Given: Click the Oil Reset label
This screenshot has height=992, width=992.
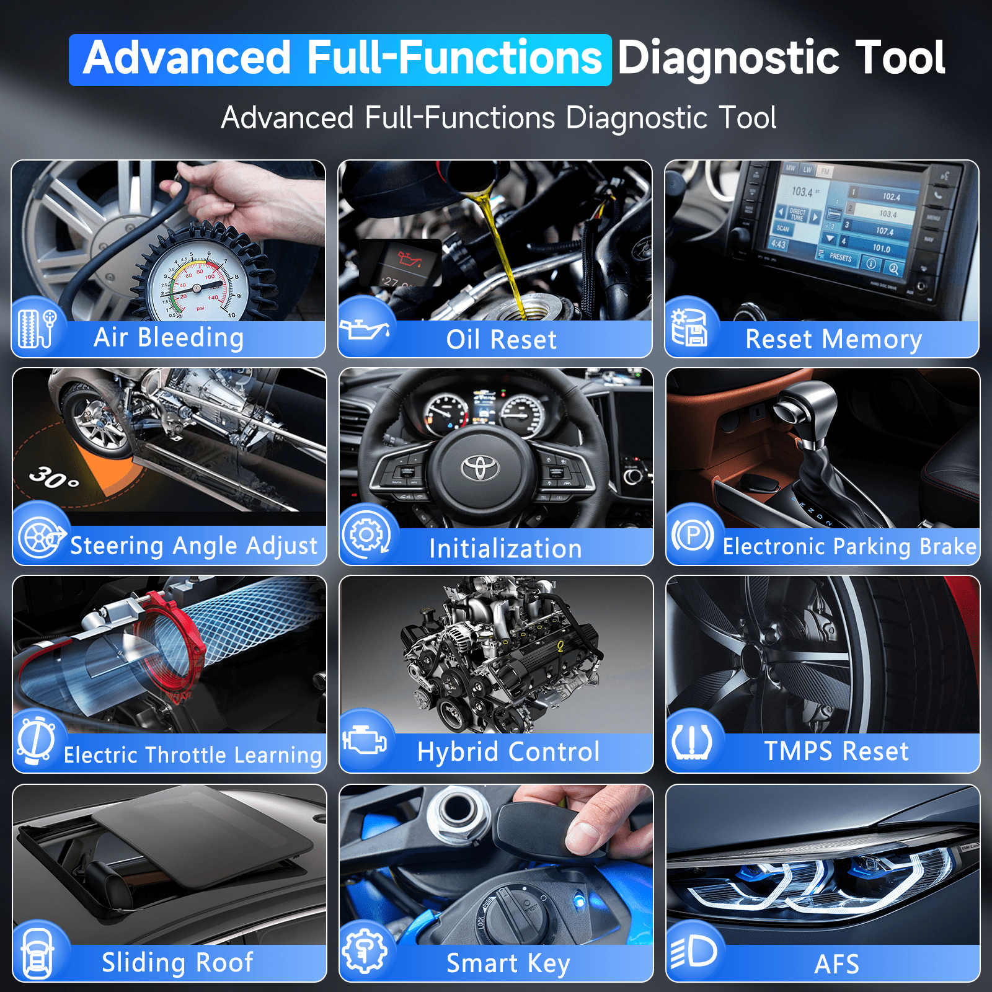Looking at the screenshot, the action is point(501,339).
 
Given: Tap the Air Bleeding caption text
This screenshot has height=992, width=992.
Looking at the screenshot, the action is point(169,337).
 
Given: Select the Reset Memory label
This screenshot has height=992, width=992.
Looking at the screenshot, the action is point(833,339).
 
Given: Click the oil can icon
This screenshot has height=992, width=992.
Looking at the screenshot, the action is point(365,329).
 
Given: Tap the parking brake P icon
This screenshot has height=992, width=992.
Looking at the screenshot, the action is point(693,534).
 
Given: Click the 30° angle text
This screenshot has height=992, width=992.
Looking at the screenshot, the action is point(54,477).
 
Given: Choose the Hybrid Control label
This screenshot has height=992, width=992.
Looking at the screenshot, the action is point(508,751).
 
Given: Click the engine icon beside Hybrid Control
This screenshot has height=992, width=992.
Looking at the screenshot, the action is point(365,740).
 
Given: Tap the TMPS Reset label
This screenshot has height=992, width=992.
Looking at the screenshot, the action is point(836,751).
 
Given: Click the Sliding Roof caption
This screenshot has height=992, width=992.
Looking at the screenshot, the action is point(177,962).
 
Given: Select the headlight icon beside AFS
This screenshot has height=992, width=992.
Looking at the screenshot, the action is point(694,951).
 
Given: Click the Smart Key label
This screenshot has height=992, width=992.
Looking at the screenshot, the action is point(508,963).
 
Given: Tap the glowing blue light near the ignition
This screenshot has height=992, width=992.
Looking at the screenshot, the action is point(580,901).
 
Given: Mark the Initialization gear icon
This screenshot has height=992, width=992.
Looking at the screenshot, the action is point(366,534).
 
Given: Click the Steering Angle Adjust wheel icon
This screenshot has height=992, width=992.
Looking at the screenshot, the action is point(41,537).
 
